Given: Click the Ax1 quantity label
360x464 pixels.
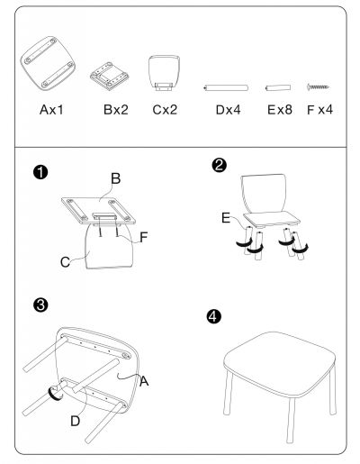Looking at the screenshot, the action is pos(51,110).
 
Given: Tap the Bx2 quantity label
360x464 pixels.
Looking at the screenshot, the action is pos(116,110).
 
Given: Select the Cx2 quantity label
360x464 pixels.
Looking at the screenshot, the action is pos(165,110).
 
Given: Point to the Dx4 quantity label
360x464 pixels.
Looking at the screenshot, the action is pos(228,110).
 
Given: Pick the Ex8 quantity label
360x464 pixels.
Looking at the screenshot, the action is pos(280,110).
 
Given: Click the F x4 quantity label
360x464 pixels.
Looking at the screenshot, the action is pos(319,110).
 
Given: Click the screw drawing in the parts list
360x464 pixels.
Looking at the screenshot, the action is pos(318,87).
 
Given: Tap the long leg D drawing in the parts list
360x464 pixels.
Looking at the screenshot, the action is pos(226,87).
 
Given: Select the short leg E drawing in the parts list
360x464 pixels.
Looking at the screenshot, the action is pos(278,87).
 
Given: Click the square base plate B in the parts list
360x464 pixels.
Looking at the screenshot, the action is pos(110,76).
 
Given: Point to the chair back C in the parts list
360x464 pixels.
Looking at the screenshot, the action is pos(165,73).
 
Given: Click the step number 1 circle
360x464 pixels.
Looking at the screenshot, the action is pos(40,173).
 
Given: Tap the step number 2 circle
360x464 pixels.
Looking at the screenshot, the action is pos(220,165).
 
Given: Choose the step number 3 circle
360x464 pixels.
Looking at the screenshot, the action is pos(40,305).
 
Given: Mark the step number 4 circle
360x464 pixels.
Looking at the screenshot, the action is pos(214,316).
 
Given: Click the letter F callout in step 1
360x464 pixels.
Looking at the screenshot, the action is pos(144,237).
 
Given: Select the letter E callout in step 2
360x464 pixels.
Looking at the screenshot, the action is pos(226,218).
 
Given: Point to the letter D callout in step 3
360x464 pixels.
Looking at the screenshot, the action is pos(76,421).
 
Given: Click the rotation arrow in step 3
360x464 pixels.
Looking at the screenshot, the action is pos(56,393).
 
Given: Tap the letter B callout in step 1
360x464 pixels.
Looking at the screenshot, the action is pos(116,178).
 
